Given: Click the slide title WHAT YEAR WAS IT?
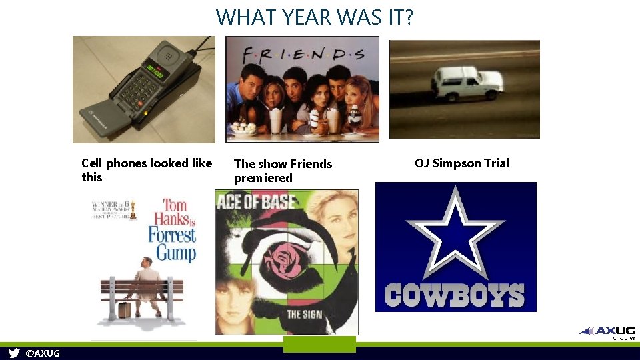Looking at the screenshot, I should tap(315, 17).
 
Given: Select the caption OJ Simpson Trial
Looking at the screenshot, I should tap(461, 163).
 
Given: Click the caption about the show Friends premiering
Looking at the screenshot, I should tap(283, 171).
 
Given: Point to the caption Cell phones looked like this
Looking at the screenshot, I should tap(146, 170).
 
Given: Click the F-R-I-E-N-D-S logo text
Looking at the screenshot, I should tap(304, 53).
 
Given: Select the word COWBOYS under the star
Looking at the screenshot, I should tap(454, 295).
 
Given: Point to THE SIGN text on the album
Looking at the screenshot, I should tap(304, 313).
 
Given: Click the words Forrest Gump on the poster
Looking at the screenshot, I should tap(172, 244).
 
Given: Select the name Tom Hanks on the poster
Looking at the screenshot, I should tap(171, 211).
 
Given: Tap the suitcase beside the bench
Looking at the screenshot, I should tap(125, 310).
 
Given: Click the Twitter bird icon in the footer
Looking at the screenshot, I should tap(13, 353).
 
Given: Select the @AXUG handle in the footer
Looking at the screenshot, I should tap(42, 353).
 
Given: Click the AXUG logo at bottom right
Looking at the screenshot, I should tap(608, 331).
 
